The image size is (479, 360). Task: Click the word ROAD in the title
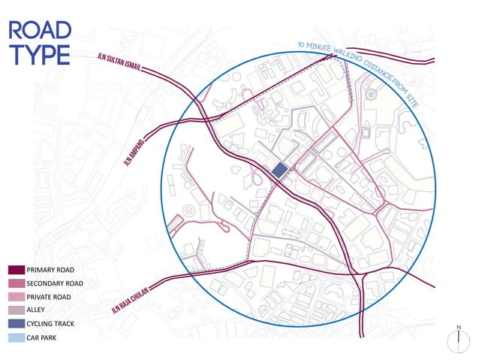(39, 30)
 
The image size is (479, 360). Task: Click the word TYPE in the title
(38, 55)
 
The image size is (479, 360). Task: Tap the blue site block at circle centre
(279, 171)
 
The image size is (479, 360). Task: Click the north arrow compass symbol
(456, 339)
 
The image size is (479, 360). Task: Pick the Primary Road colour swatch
(17, 270)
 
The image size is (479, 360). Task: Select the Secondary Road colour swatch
(17, 283)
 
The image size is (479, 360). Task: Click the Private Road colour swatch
(17, 297)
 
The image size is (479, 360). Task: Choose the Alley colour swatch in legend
(17, 310)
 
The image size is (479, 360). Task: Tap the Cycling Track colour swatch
(17, 324)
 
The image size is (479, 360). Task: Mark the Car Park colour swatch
(17, 337)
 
